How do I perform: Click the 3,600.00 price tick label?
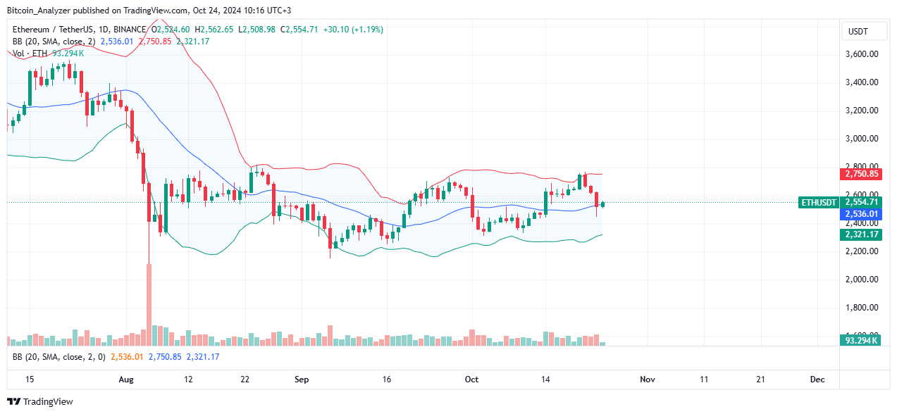(x=861, y=54)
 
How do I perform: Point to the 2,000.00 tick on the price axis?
(x=861, y=280)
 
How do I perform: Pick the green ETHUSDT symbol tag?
(x=819, y=203)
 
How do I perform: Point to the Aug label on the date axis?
(x=126, y=379)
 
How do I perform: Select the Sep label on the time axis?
(x=302, y=379)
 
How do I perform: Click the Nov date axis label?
(x=647, y=379)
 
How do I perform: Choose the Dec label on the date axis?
(x=817, y=379)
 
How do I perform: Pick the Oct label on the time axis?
(x=471, y=379)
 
